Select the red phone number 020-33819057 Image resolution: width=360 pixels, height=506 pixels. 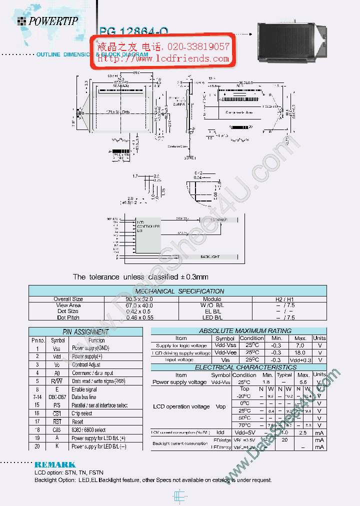[x=197, y=47]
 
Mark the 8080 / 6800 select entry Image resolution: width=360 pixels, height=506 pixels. [x=89, y=429]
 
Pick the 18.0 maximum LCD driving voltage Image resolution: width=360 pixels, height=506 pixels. [x=300, y=352]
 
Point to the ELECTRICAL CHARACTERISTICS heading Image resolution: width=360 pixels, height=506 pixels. [x=245, y=367]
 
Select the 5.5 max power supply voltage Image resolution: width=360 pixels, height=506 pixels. [x=303, y=382]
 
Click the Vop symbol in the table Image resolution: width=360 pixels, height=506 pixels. [x=220, y=406]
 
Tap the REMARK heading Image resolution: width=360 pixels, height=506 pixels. [x=55, y=464]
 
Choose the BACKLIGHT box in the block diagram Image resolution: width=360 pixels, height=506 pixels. [x=210, y=256]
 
